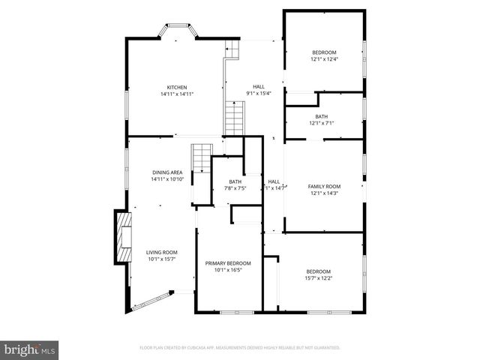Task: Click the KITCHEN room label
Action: pyautogui.click(x=177, y=87)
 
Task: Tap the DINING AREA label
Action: pyautogui.click(x=167, y=172)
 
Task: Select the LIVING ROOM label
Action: pyautogui.click(x=161, y=252)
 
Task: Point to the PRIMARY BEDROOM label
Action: pyautogui.click(x=228, y=263)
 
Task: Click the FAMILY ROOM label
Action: pyautogui.click(x=324, y=186)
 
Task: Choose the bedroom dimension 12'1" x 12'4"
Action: pyautogui.click(x=324, y=58)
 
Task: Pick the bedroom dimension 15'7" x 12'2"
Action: pyautogui.click(x=319, y=278)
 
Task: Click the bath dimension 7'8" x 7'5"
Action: pyautogui.click(x=235, y=188)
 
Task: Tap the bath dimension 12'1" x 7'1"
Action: pyautogui.click(x=322, y=123)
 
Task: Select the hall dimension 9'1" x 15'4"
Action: pyautogui.click(x=258, y=93)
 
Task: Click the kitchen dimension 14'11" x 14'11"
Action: pyautogui.click(x=177, y=94)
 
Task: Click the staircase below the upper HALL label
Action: pyautogui.click(x=235, y=118)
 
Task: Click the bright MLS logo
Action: pyautogui.click(x=30, y=349)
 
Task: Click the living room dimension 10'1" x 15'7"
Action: pyautogui.click(x=161, y=259)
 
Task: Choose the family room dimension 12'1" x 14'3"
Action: pyautogui.click(x=324, y=193)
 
